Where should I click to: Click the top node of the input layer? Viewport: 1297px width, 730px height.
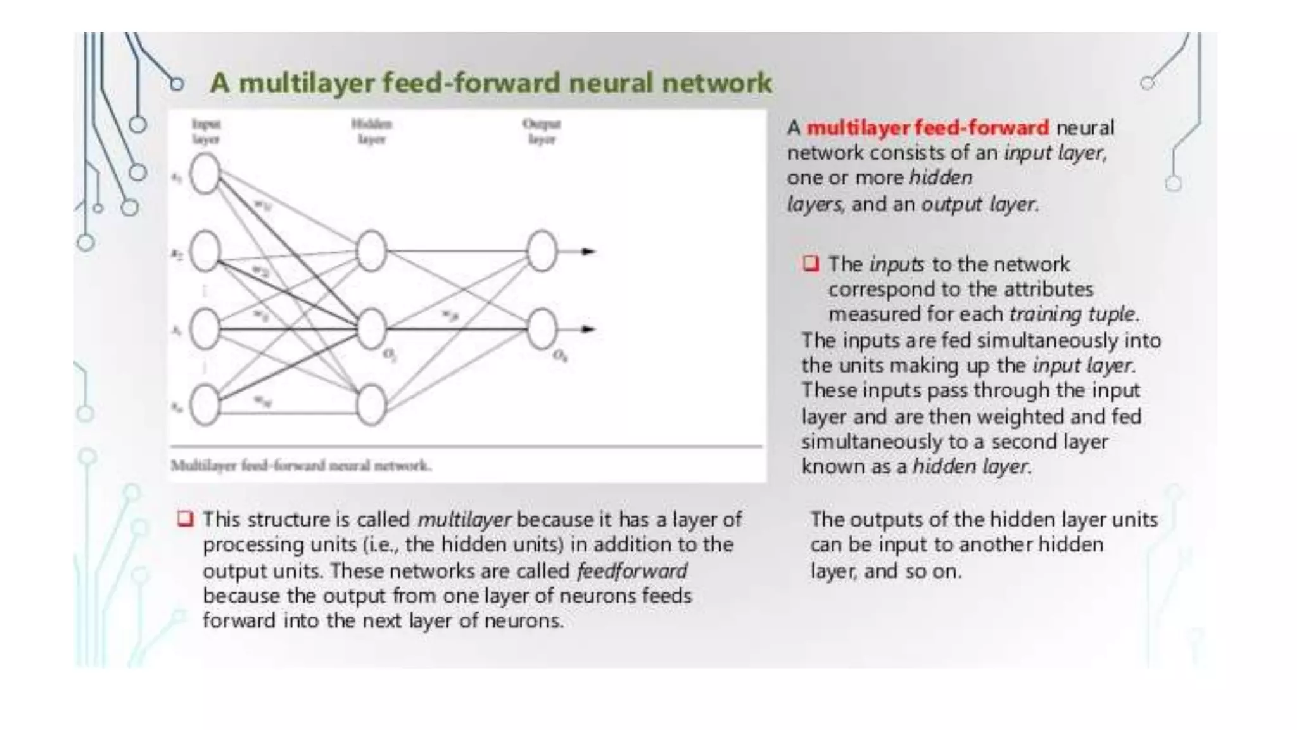click(x=205, y=174)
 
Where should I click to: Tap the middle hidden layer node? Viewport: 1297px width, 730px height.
click(x=371, y=328)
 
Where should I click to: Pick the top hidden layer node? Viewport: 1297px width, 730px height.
click(x=371, y=251)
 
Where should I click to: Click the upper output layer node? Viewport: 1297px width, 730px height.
click(x=541, y=251)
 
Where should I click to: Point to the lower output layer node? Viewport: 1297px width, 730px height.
click(x=541, y=328)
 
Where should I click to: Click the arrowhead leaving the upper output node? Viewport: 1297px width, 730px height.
click(x=588, y=252)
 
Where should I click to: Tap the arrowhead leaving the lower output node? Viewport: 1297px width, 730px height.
click(x=588, y=329)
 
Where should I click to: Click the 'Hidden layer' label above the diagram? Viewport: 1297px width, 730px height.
click(x=372, y=131)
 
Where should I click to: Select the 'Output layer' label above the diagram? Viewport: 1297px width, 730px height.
click(x=541, y=131)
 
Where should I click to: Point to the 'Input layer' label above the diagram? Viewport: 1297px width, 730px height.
click(x=206, y=131)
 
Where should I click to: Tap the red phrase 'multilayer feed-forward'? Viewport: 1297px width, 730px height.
click(x=928, y=128)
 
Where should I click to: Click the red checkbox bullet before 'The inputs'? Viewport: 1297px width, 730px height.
click(x=811, y=263)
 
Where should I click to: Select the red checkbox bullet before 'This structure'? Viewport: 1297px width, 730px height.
click(x=185, y=519)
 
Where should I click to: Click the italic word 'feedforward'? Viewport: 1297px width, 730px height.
click(x=631, y=571)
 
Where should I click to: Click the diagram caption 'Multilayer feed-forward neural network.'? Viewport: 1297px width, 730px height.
click(x=301, y=466)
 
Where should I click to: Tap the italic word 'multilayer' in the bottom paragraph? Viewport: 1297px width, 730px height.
click(x=464, y=520)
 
